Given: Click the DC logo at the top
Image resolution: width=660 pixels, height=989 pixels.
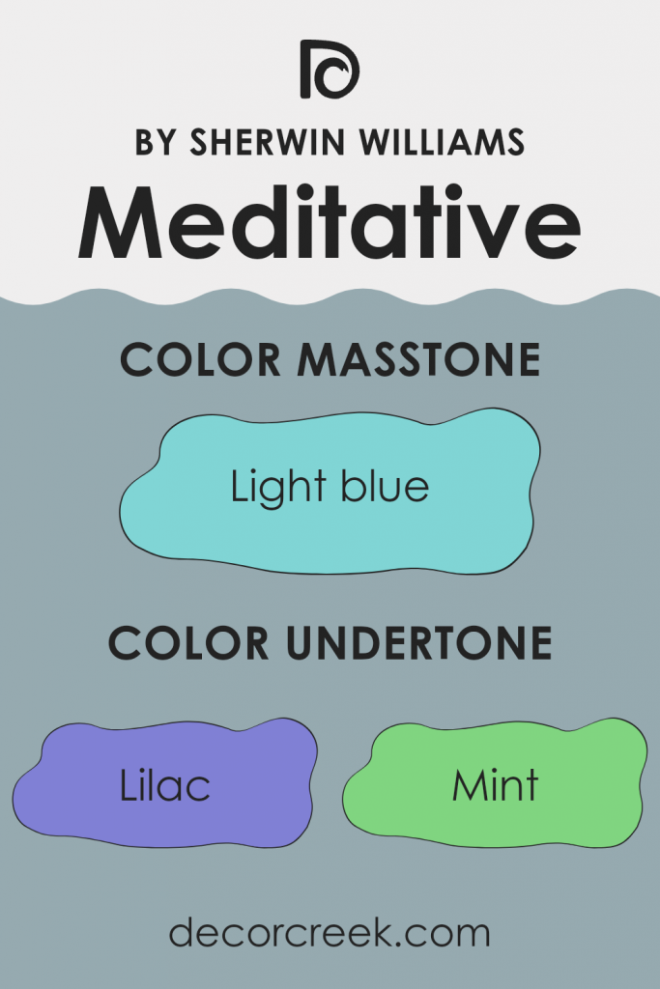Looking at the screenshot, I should click(330, 71).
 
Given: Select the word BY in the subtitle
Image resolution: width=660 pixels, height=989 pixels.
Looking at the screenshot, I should click(155, 143).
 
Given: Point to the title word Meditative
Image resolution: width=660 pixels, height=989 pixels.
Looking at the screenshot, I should click(330, 223).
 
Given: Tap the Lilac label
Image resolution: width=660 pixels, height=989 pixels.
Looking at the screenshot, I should click(165, 786).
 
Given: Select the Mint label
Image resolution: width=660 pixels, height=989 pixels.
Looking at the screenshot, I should click(496, 786).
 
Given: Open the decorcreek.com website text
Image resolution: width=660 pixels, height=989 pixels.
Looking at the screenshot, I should click(330, 934).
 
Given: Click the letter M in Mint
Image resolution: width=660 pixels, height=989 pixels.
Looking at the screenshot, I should click(468, 786).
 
